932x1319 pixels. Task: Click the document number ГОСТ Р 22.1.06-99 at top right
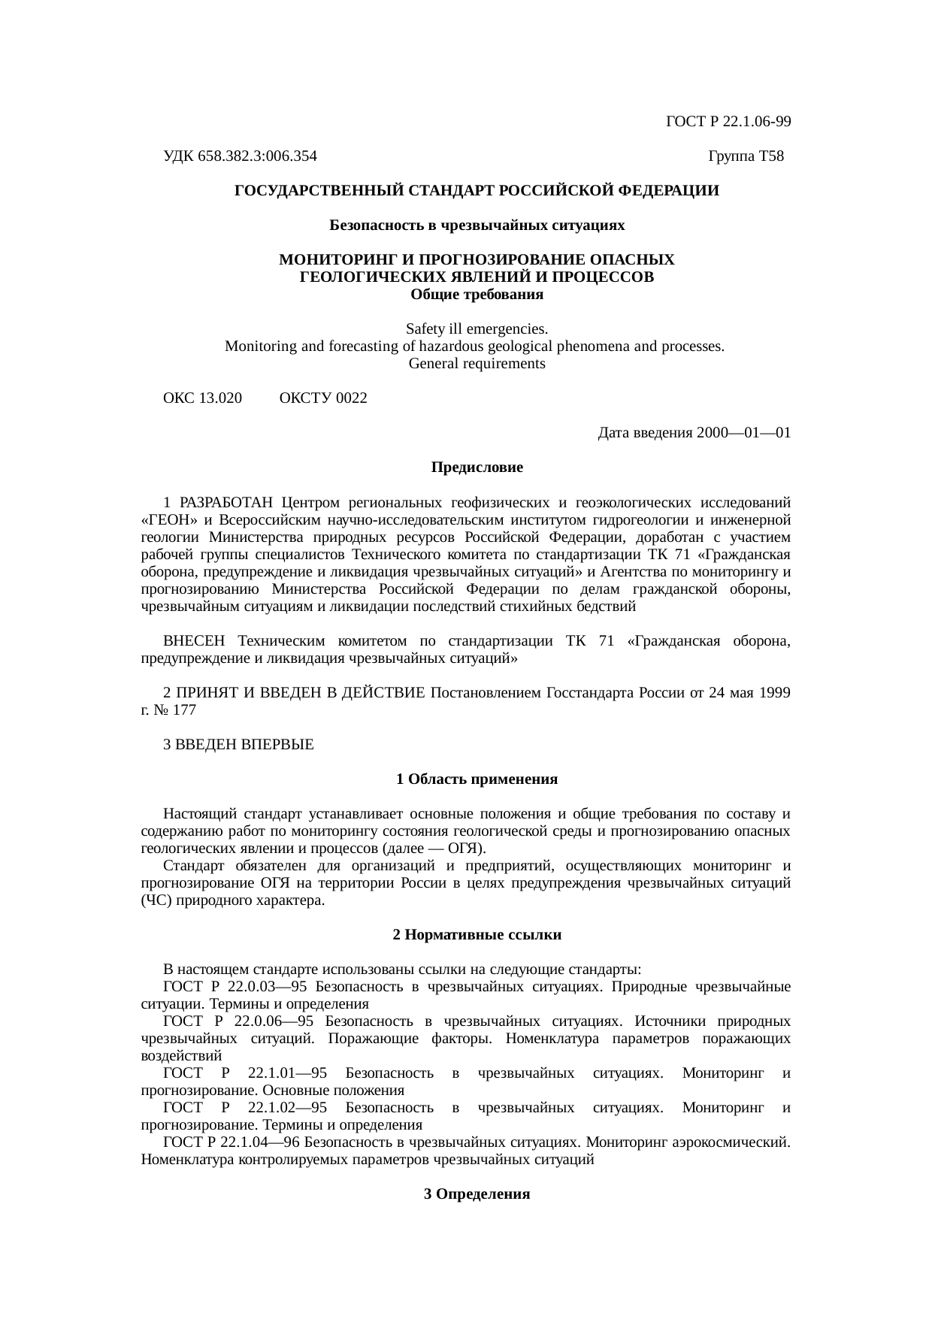(728, 122)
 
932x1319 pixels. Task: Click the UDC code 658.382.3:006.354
(257, 156)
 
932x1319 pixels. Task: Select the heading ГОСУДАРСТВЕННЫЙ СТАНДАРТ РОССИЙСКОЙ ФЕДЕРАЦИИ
(477, 191)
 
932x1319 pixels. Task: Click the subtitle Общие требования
(477, 295)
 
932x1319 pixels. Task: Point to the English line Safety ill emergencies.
(477, 329)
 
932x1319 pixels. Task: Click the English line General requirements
(477, 364)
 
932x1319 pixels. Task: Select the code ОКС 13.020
(202, 398)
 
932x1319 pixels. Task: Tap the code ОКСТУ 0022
(323, 398)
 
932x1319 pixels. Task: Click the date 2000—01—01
(743, 433)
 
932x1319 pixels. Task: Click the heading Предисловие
(477, 467)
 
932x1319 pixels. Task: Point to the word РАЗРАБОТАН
(228, 502)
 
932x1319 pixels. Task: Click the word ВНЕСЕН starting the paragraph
(194, 641)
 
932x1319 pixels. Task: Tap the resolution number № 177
(174, 709)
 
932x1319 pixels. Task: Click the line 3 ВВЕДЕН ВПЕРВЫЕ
(238, 745)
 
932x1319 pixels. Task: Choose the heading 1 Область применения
(477, 779)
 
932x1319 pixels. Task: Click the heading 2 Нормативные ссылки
(477, 935)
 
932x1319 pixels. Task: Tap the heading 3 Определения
(477, 1194)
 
